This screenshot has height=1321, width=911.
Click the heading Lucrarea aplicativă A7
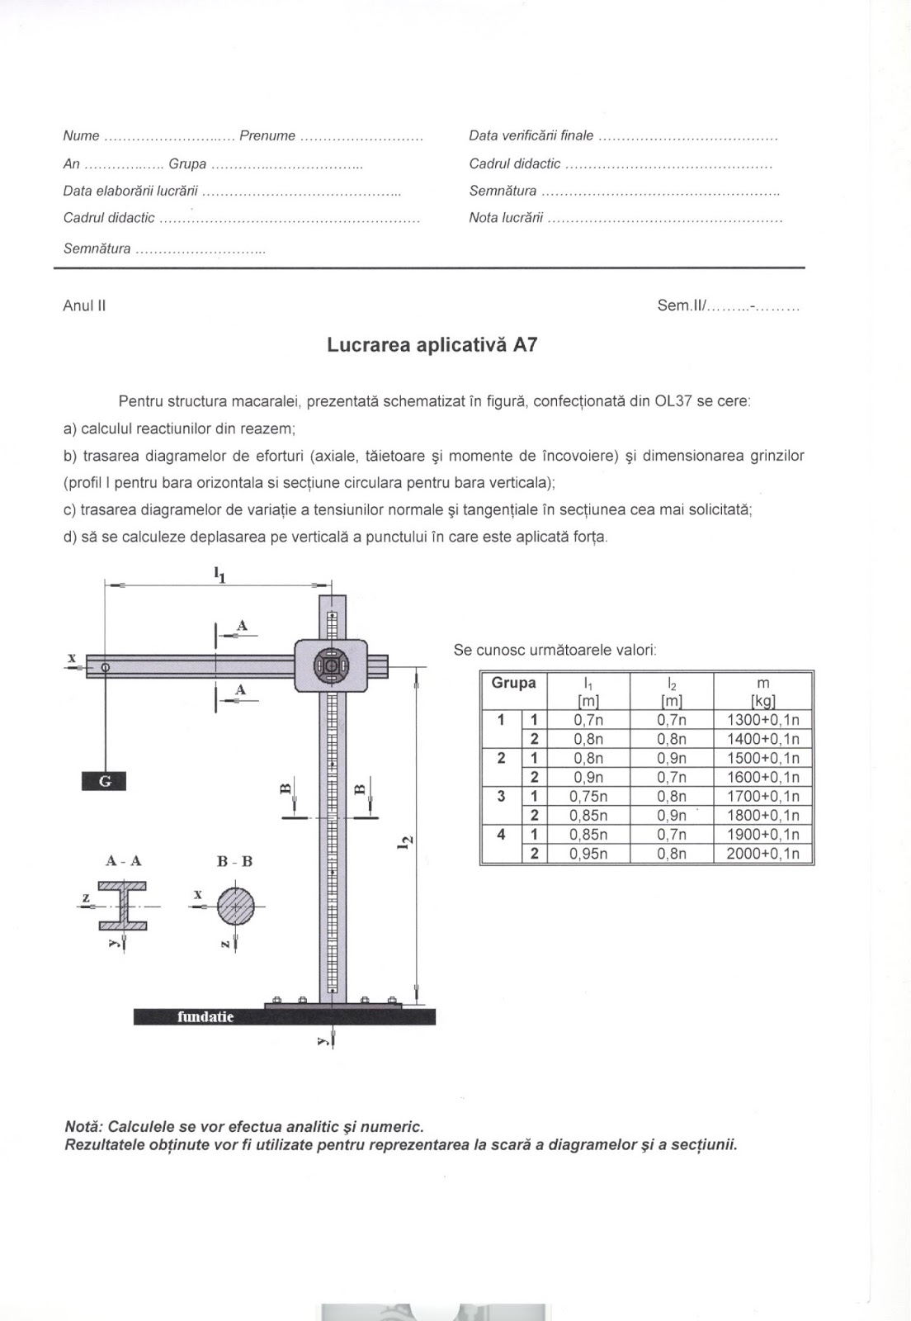432,345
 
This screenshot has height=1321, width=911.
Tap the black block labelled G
104,781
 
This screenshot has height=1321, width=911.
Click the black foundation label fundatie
205,1016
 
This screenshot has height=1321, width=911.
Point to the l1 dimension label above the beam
219,574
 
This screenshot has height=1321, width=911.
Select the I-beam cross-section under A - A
123,906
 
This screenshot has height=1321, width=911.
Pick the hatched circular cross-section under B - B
236,906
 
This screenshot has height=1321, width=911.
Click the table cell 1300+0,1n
762,719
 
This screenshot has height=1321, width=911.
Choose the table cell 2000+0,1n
762,854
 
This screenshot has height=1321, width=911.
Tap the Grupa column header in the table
513,684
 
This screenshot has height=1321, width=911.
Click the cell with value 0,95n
588,854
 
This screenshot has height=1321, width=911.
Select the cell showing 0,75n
588,797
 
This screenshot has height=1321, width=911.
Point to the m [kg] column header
762,691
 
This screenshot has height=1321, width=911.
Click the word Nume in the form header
81,136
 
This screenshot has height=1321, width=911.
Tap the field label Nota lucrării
506,218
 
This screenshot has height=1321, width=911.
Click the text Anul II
84,305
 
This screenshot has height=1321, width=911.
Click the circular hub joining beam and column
331,665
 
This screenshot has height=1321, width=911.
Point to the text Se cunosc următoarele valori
555,650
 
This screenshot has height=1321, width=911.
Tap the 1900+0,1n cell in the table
762,835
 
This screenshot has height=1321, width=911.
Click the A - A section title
124,861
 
